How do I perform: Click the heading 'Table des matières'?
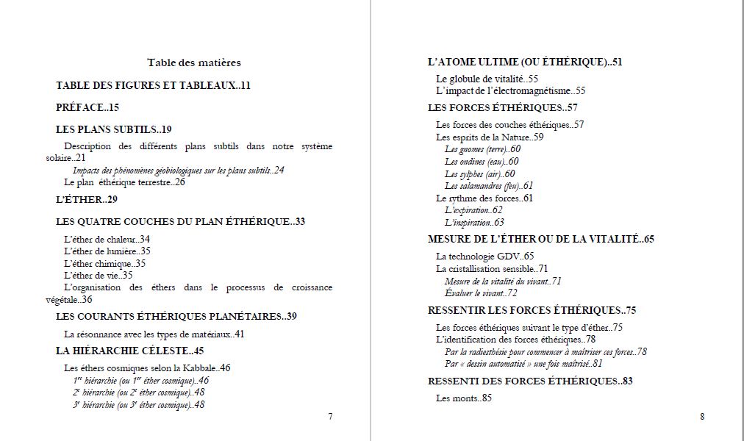coord(193,63)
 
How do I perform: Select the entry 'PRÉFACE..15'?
coord(87,107)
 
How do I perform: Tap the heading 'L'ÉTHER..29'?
coord(87,199)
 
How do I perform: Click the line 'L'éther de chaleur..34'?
coord(107,239)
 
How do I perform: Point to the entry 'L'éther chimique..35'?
coord(104,263)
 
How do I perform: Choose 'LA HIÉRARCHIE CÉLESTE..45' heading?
coord(130,351)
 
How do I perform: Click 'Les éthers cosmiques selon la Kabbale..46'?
coord(147,367)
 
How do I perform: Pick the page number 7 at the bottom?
coord(330,417)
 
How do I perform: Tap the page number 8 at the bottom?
coord(702,417)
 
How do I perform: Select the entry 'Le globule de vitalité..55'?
coord(487,79)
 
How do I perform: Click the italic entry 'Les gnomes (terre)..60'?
coord(482,149)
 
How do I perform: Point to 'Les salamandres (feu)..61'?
coord(489,186)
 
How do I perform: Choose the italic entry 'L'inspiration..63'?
coord(474,222)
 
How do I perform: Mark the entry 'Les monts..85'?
coord(463,398)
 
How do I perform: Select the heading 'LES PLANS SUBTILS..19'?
coord(114,129)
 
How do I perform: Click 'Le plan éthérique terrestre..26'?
coord(124,182)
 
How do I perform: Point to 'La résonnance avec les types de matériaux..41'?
coord(154,334)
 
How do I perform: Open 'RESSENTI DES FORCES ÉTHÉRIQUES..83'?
coord(530,381)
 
